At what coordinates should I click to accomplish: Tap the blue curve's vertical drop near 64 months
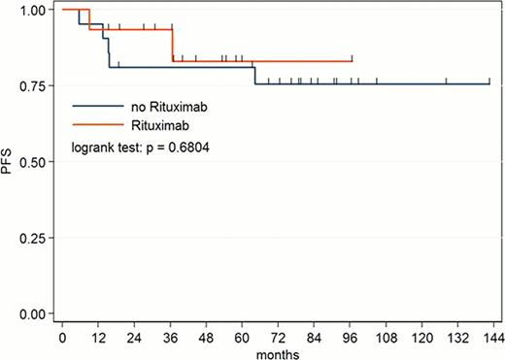coord(254,76)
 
